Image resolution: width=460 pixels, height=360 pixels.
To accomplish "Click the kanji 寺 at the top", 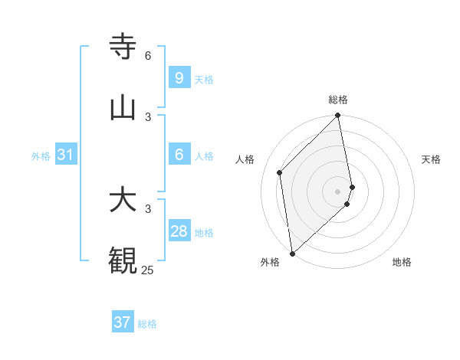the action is click(123, 45).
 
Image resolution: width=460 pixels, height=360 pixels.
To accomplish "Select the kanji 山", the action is click(123, 106).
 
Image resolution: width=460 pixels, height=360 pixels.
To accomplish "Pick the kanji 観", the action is click(123, 260).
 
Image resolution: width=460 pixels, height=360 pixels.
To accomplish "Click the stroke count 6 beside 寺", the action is click(148, 55).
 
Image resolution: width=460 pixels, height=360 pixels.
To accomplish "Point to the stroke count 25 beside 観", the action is click(147, 270).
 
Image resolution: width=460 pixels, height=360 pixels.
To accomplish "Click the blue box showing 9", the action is click(179, 77).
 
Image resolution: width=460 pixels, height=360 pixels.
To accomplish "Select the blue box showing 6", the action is click(179, 154).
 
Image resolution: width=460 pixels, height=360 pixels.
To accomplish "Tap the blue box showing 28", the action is click(179, 231).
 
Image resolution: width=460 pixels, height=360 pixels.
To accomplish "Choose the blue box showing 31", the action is click(65, 155).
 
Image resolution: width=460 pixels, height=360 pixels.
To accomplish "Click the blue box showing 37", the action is click(122, 322).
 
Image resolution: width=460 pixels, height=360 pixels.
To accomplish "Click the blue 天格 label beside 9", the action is click(204, 79).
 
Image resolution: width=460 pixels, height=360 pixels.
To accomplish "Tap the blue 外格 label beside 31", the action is click(41, 156).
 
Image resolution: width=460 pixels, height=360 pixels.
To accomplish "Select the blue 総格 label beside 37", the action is click(147, 324).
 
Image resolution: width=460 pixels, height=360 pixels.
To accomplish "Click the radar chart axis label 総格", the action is click(338, 100).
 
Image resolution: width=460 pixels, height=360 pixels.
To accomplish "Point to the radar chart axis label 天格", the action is click(432, 159).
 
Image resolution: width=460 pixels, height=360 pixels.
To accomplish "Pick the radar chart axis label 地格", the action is click(402, 262).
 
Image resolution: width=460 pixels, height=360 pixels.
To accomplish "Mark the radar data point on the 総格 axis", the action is click(338, 116).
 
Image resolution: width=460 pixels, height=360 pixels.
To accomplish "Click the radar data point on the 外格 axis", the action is click(292, 253).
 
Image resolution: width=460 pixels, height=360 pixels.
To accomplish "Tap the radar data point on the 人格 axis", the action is click(280, 172).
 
